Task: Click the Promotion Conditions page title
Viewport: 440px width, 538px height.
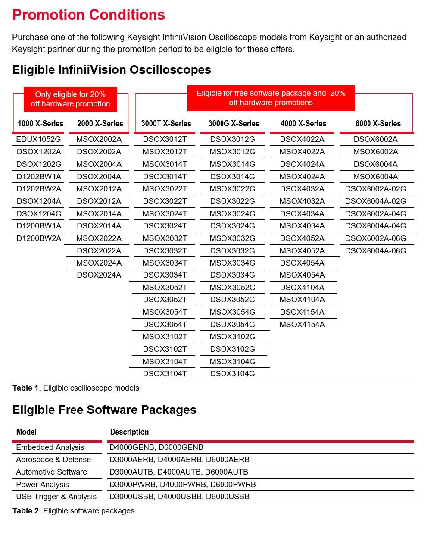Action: point(88,15)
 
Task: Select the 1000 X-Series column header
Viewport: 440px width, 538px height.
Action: point(41,124)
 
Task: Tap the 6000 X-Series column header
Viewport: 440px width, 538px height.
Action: point(378,124)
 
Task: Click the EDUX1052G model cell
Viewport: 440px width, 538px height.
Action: point(38,139)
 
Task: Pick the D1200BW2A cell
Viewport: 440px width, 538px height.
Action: point(39,238)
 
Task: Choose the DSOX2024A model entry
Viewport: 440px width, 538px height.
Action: point(99,275)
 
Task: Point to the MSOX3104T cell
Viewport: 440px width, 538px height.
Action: point(165,362)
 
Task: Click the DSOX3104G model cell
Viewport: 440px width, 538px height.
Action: point(232,374)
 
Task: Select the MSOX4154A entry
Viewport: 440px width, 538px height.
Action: point(302,325)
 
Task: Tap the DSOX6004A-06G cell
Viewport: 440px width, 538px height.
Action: point(375,251)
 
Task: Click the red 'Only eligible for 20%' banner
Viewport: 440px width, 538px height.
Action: point(70,99)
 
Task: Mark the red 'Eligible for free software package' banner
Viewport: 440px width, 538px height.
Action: point(271,98)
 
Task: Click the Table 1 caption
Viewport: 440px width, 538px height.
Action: point(76,388)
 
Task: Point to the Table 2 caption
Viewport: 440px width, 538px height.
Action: point(73,511)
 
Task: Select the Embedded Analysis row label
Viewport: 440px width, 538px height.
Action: point(50,447)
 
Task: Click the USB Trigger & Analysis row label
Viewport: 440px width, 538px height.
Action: point(56,497)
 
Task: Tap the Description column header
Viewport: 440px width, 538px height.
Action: point(129,432)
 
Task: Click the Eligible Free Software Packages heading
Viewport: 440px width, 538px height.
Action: point(104,410)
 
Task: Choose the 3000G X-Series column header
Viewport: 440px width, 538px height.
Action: point(234,124)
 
